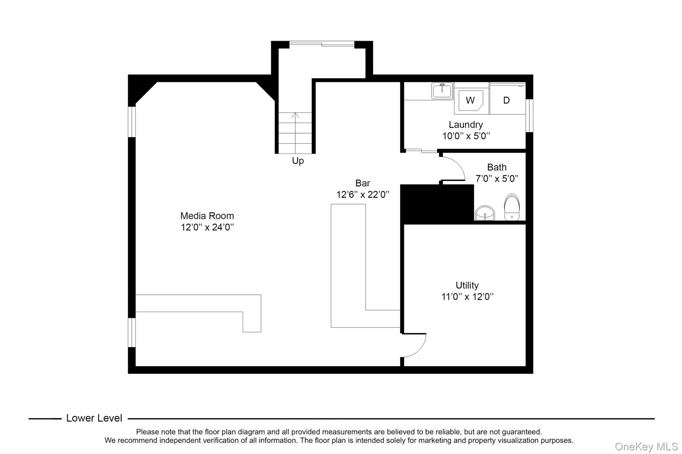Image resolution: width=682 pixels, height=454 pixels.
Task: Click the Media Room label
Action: pyautogui.click(x=207, y=216)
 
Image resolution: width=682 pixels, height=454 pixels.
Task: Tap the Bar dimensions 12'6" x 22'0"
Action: pyautogui.click(x=362, y=195)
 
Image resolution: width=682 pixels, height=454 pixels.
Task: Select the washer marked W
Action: pyautogui.click(x=470, y=100)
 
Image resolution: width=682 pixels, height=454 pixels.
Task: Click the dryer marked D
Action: pyautogui.click(x=506, y=100)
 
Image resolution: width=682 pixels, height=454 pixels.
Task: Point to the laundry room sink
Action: pyautogui.click(x=442, y=91)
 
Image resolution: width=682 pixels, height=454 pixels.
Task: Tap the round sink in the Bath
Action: pyautogui.click(x=485, y=213)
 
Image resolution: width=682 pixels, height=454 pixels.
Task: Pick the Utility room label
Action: pyautogui.click(x=467, y=285)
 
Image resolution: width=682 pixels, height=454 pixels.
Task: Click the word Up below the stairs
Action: pyautogui.click(x=298, y=161)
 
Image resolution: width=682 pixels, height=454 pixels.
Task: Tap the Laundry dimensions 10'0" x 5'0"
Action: pyautogui.click(x=466, y=136)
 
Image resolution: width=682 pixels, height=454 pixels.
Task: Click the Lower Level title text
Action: pyautogui.click(x=94, y=418)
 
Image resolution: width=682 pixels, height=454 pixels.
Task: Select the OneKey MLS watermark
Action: pyautogui.click(x=646, y=446)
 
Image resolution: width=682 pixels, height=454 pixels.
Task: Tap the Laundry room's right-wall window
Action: pyautogui.click(x=529, y=115)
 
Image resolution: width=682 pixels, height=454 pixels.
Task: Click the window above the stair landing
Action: pyautogui.click(x=322, y=44)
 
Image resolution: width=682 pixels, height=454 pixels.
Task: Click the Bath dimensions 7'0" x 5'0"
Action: pyautogui.click(x=497, y=179)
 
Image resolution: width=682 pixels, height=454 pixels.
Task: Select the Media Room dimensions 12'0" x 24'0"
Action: pyautogui.click(x=207, y=227)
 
